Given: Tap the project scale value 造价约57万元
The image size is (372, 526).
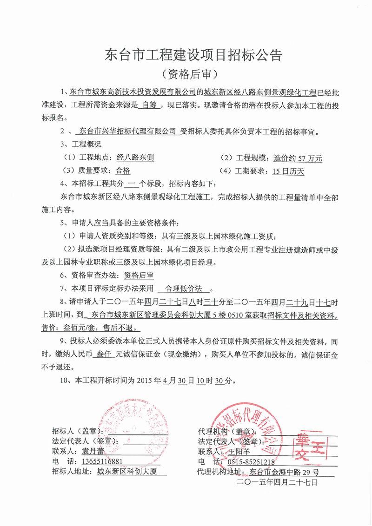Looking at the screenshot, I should point(298,158).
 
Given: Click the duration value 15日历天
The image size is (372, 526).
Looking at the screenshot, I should point(288,171).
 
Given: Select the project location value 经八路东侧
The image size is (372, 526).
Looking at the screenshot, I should point(135,158).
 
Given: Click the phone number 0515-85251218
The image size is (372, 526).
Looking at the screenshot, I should point(251,462).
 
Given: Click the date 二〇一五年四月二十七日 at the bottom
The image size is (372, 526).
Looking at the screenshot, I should point(276,483).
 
